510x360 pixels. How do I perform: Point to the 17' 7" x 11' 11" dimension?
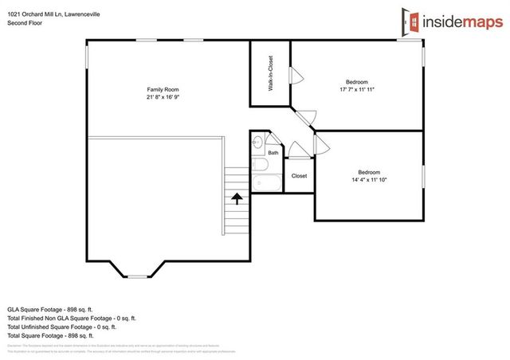(x=356, y=89)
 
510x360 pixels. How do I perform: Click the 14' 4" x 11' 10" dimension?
(x=368, y=180)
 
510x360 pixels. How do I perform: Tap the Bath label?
(x=273, y=152)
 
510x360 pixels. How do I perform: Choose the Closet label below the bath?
(x=299, y=176)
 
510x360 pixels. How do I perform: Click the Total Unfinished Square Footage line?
(x=62, y=327)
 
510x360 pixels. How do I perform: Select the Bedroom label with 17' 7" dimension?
(x=356, y=81)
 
